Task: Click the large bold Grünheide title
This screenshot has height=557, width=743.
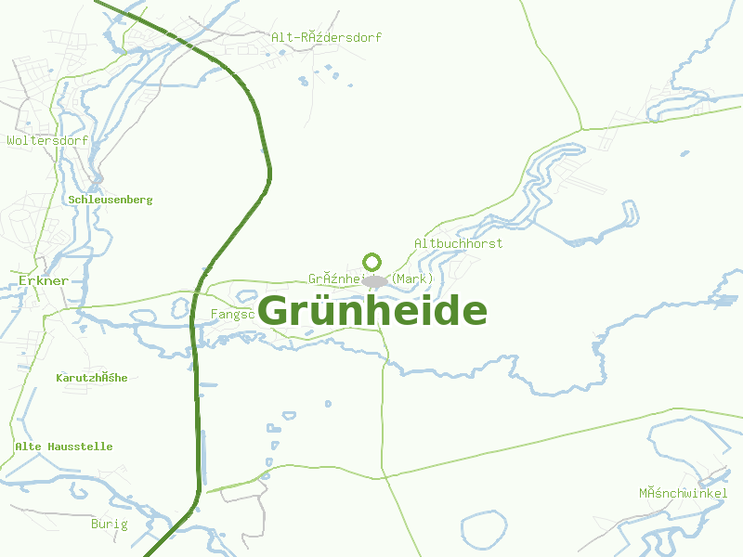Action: (371, 312)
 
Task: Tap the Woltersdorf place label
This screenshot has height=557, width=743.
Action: (47, 141)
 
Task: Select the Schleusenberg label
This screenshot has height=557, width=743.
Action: (110, 200)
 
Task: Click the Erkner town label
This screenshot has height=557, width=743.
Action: (43, 280)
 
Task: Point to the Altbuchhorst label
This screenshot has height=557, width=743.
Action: (458, 243)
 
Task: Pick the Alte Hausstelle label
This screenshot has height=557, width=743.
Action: (63, 447)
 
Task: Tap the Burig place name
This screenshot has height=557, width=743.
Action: (109, 525)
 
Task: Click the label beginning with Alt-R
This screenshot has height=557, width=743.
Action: (326, 38)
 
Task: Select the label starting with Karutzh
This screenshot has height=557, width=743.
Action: (91, 378)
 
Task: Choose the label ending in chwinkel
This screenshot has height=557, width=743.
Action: (683, 492)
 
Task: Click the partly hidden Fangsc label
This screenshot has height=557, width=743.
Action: (232, 315)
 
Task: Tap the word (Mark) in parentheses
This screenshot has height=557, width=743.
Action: (412, 278)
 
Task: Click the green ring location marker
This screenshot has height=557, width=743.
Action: (372, 261)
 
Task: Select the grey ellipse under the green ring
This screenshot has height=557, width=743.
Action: (374, 280)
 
